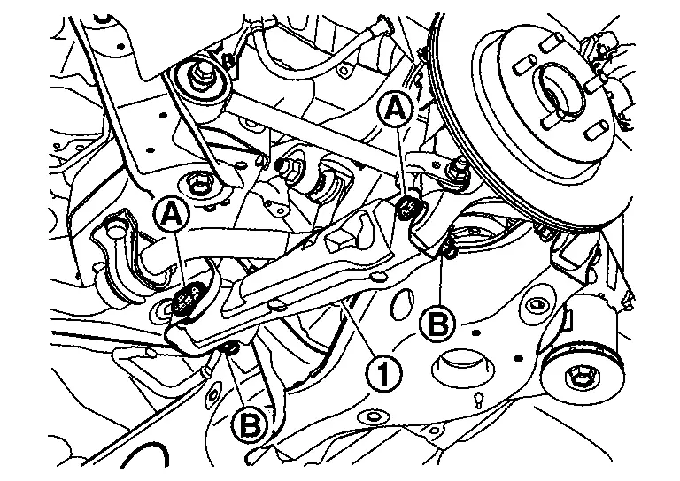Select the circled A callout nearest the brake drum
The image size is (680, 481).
pyautogui.click(x=394, y=108)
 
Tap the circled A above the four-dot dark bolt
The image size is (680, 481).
pyautogui.click(x=172, y=212)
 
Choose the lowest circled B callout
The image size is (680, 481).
pyautogui.click(x=249, y=424)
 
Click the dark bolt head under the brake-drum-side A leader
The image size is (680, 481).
pyautogui.click(x=407, y=207)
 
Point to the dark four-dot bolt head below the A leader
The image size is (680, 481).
pyautogui.click(x=189, y=298)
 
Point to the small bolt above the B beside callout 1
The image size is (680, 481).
pyautogui.click(x=449, y=250)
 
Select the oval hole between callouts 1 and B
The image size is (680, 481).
pyautogui.click(x=402, y=304)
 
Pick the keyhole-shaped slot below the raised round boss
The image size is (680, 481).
pyautogui.click(x=479, y=399)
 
